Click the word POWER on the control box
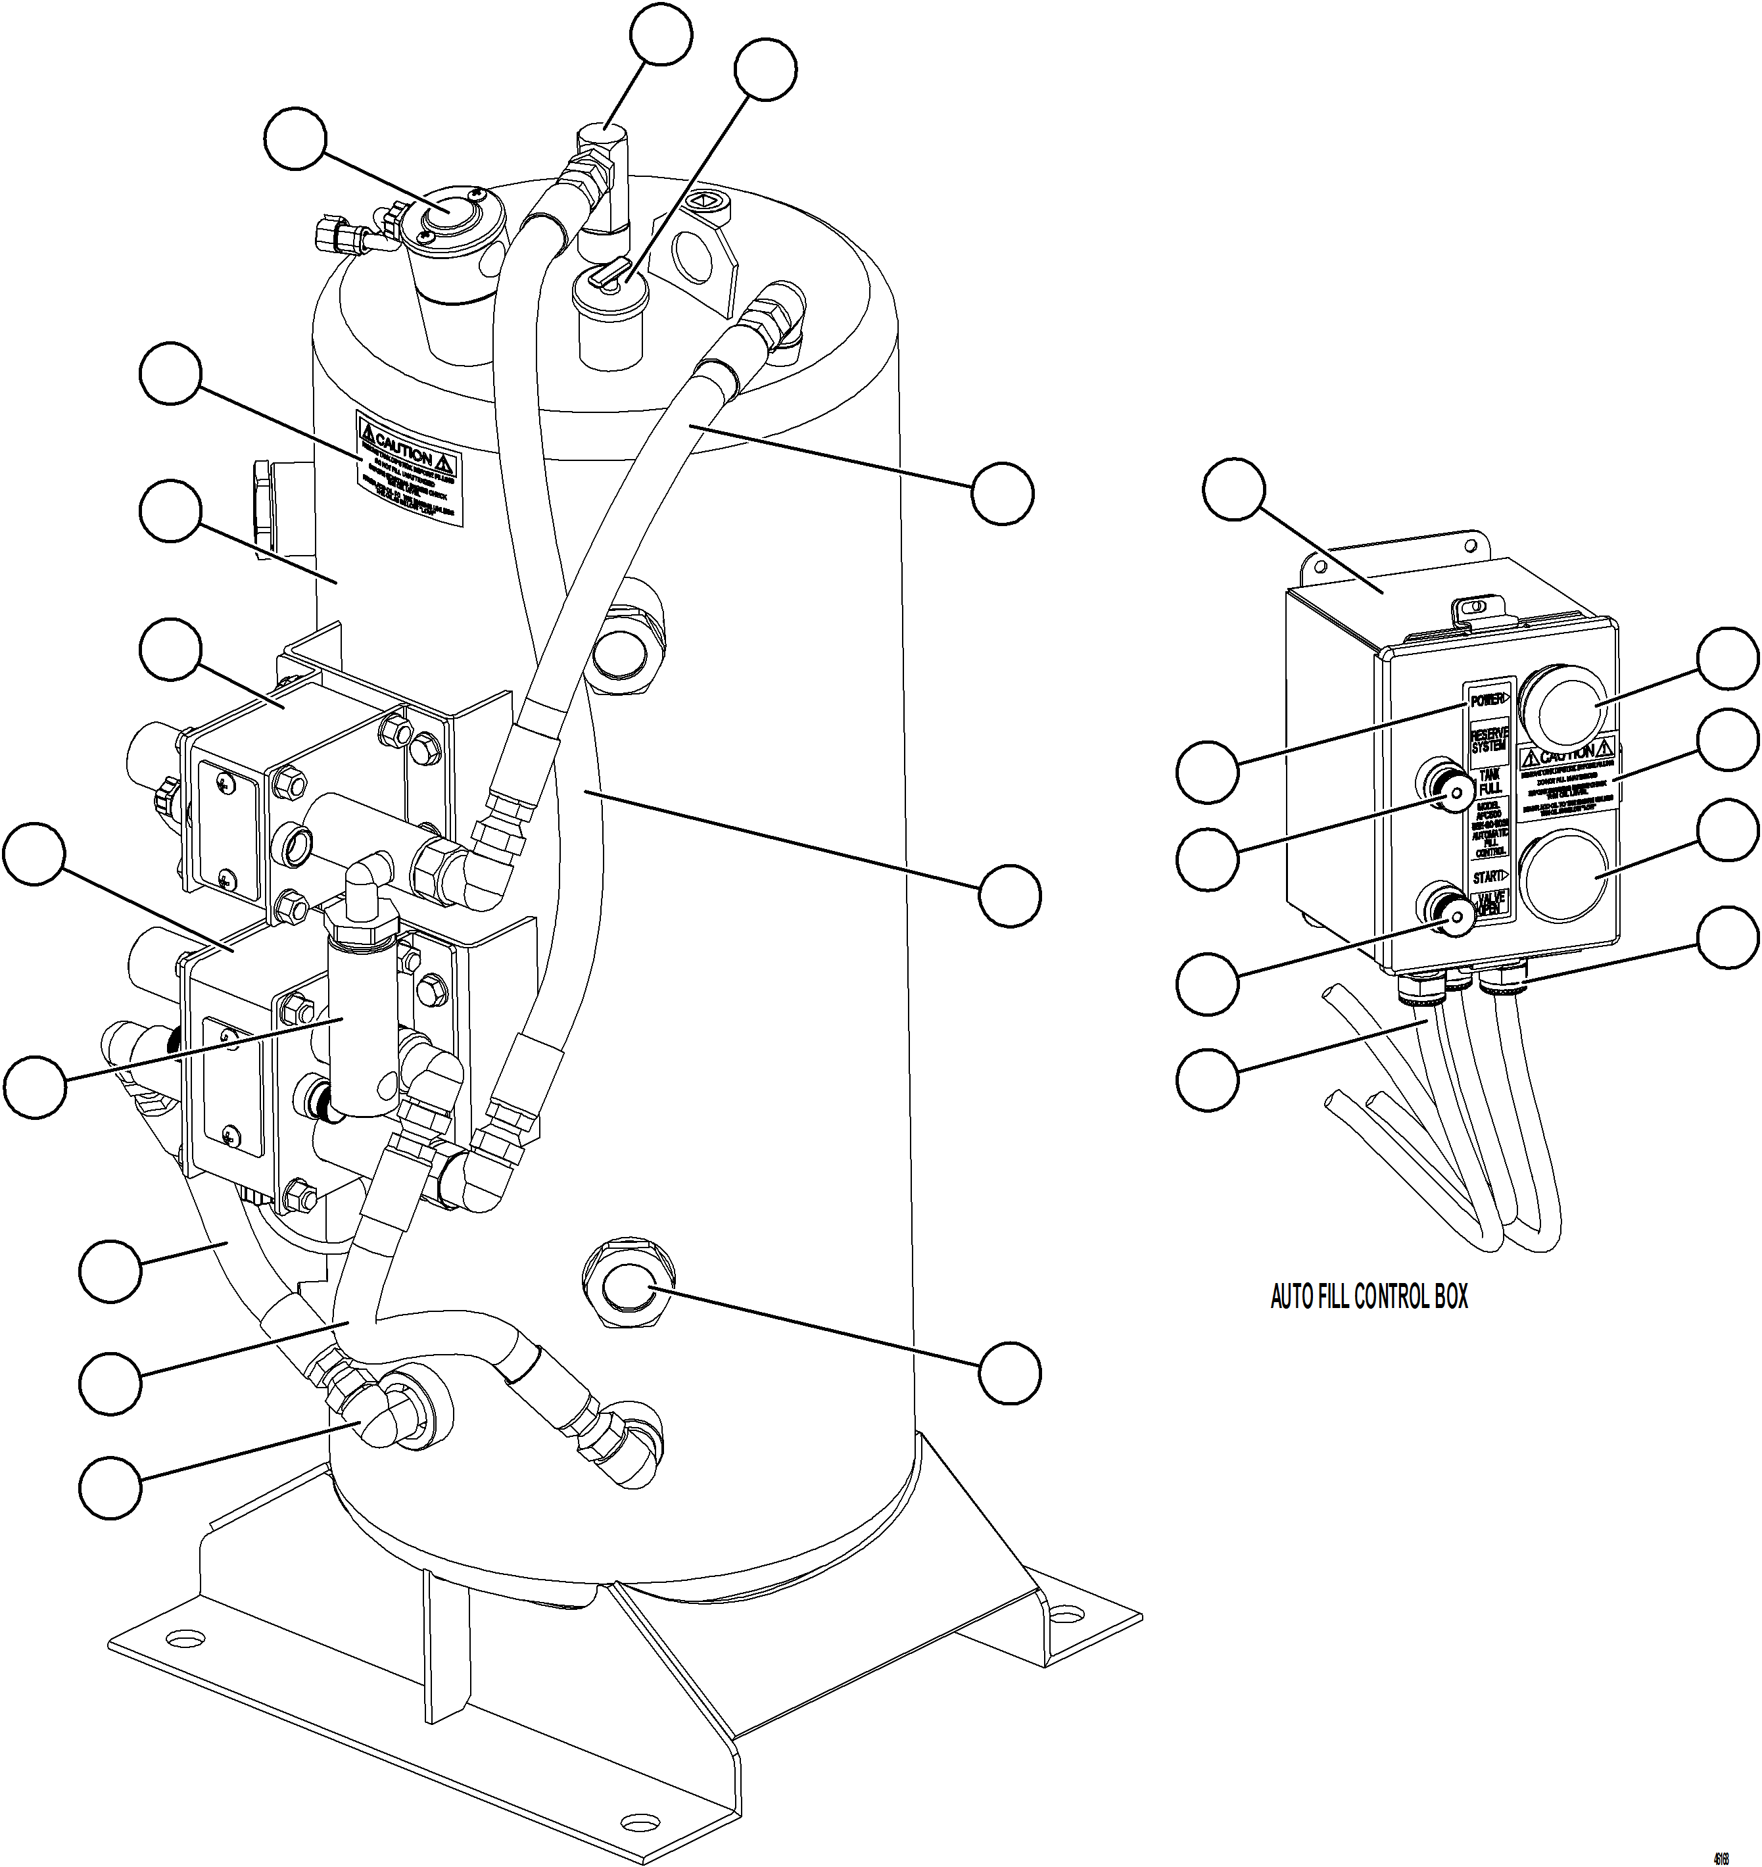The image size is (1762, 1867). (1488, 700)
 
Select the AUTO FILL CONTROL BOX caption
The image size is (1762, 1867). (1368, 1297)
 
